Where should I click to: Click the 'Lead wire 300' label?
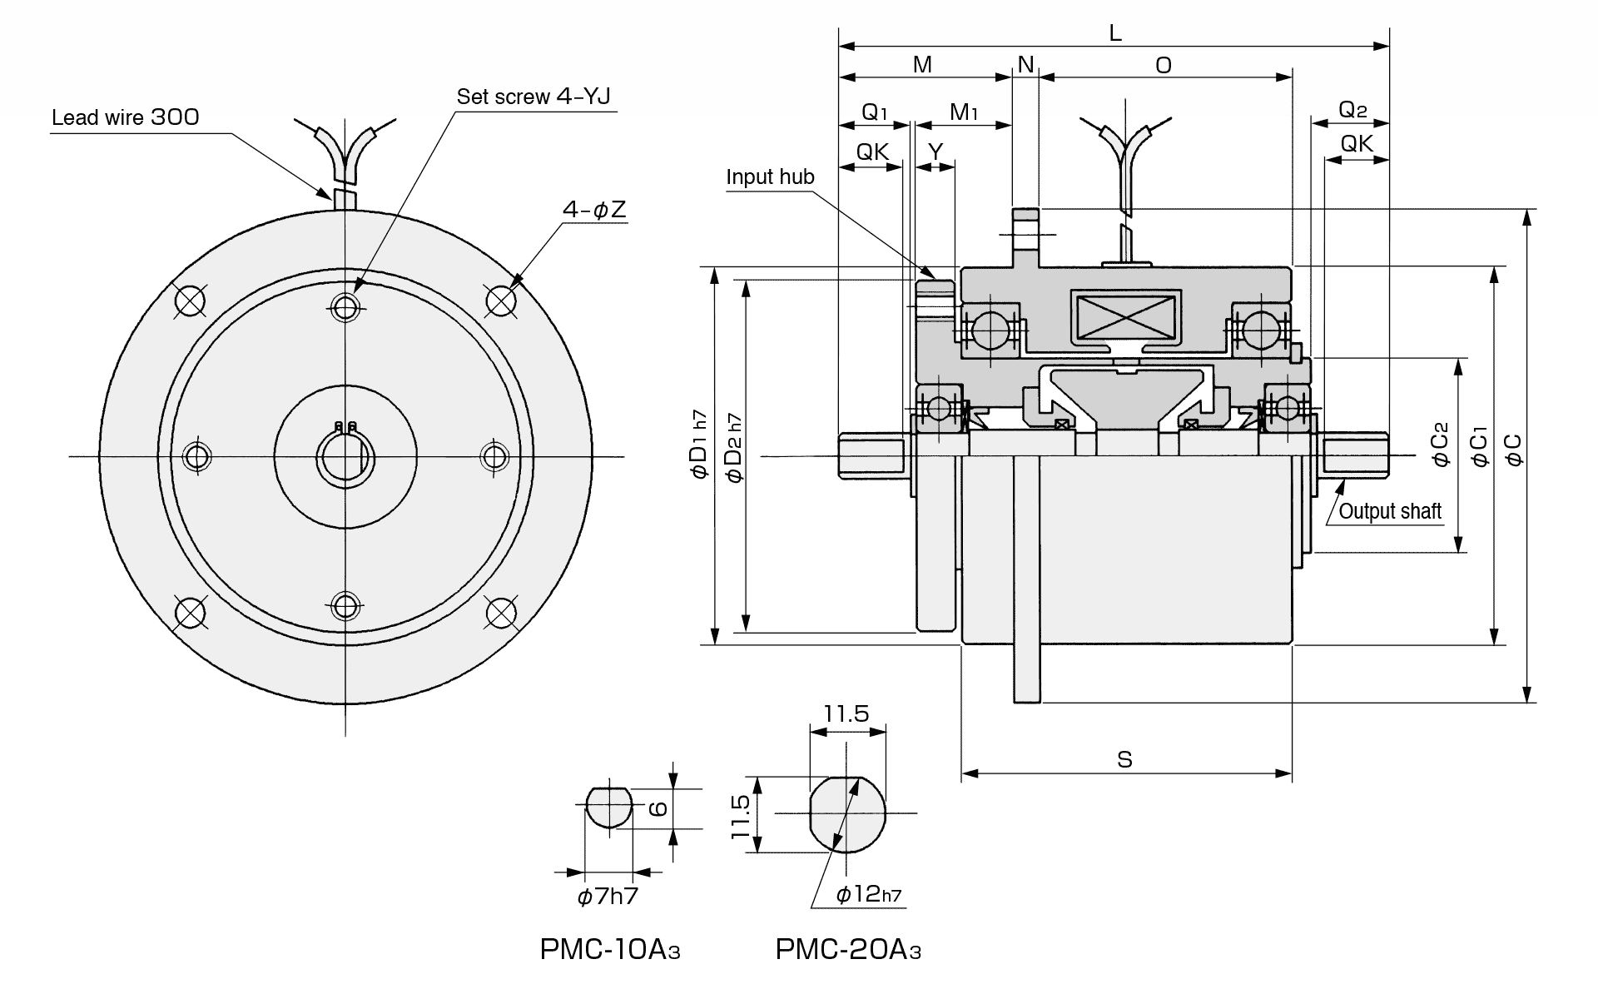pos(126,117)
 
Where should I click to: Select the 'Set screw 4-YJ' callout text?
pos(533,97)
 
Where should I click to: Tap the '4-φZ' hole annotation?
pos(593,210)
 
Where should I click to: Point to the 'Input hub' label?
pos(770,177)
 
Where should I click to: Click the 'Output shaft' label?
pos(1390,511)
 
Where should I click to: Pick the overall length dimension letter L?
pos(1115,33)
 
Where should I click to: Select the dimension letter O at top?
pos(1164,66)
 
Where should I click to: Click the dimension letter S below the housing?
pos(1124,760)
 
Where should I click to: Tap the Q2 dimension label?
pos(1352,110)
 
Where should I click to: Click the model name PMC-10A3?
pos(610,950)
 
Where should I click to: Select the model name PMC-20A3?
pos(848,950)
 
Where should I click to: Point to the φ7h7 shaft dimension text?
pos(608,897)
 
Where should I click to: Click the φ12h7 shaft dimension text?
pos(868,895)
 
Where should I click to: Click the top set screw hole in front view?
pos(345,307)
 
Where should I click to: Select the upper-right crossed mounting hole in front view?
pos(499,299)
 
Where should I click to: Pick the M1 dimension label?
pos(964,112)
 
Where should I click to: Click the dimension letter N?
pos(1025,65)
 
